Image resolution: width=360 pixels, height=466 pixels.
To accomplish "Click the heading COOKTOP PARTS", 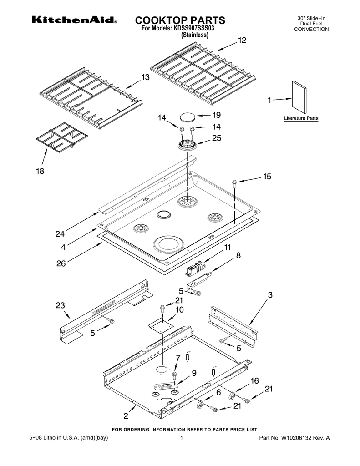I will point(180,20).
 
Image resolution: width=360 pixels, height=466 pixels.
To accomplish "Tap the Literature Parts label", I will point(301,118).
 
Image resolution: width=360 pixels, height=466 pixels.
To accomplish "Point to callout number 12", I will point(241,41).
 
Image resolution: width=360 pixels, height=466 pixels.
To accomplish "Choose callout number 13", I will point(145,78).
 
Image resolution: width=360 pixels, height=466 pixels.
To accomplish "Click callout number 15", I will point(266,177).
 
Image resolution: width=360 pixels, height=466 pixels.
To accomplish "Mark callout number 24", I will point(60,234).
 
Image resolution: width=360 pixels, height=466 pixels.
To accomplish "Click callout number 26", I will point(61,263).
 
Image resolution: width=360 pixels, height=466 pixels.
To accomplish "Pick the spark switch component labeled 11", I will point(198,268).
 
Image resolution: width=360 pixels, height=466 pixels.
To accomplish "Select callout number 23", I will point(61,305).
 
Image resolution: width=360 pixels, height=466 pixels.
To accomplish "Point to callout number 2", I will point(126,415).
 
